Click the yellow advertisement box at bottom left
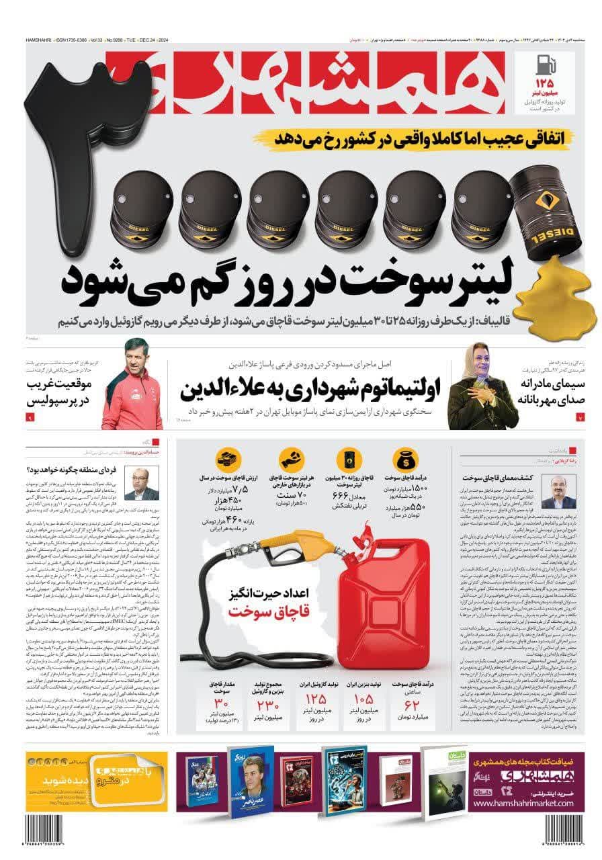point(97,771)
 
